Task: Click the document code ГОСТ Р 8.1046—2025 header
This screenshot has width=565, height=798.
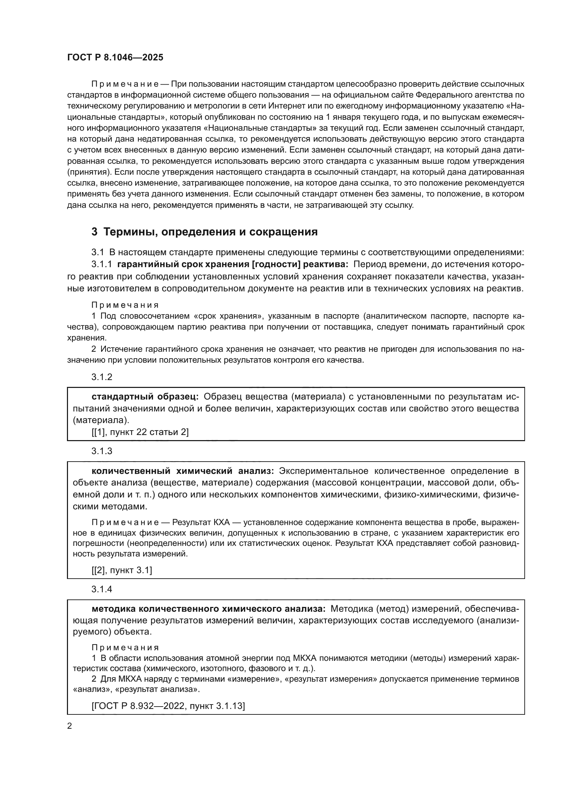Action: point(115,58)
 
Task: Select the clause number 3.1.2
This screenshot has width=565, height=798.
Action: point(102,377)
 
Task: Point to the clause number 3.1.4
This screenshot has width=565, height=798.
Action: point(102,589)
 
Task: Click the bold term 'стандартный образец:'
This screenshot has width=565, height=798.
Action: point(145,397)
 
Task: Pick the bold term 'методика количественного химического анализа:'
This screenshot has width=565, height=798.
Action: point(208,609)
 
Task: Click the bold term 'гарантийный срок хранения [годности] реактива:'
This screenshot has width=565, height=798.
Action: point(232,264)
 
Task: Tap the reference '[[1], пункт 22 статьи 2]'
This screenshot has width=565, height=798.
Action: point(140,432)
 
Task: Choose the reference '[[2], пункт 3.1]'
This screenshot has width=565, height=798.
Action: point(122,570)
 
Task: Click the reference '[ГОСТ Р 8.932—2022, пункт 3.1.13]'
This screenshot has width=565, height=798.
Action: point(168,706)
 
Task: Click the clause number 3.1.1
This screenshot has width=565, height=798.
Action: point(101,264)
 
